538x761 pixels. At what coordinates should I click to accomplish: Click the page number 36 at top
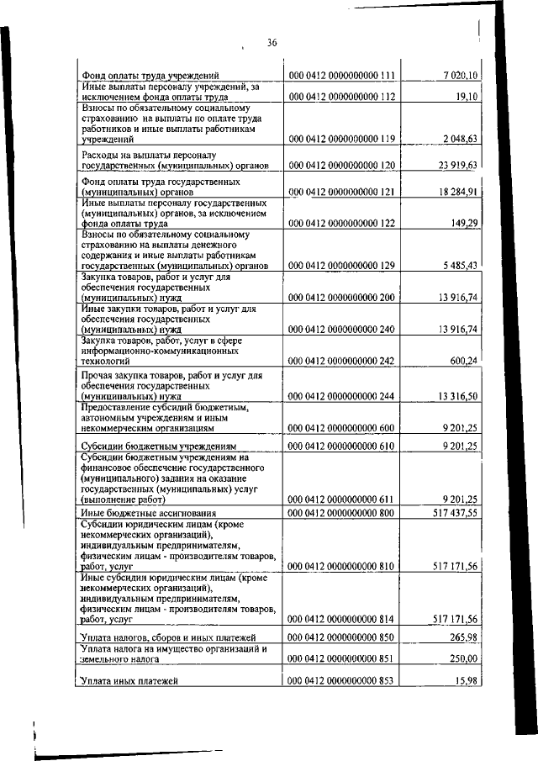click(272, 43)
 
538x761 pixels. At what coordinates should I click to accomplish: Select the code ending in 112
click(341, 97)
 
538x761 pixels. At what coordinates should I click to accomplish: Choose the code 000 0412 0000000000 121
click(341, 193)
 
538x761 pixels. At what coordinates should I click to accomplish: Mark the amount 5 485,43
click(459, 266)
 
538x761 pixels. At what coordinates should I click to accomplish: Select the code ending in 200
click(341, 298)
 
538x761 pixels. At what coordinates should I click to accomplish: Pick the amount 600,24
click(463, 361)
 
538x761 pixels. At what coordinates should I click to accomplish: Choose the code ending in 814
click(341, 619)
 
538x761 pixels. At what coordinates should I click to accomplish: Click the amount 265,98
click(463, 638)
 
